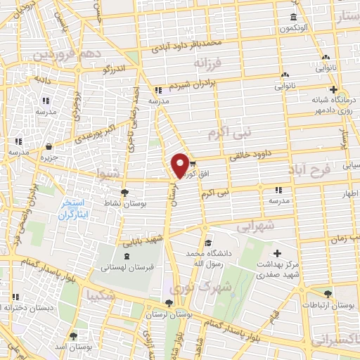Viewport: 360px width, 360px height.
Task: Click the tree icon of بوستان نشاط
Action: [124, 191]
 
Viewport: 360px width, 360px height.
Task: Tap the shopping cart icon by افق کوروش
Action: [193, 164]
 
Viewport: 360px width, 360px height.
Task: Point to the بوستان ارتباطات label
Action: [328, 307]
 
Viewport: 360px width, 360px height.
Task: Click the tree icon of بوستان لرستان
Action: [166, 304]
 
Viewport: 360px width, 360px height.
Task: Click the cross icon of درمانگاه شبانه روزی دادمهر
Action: [334, 89]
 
